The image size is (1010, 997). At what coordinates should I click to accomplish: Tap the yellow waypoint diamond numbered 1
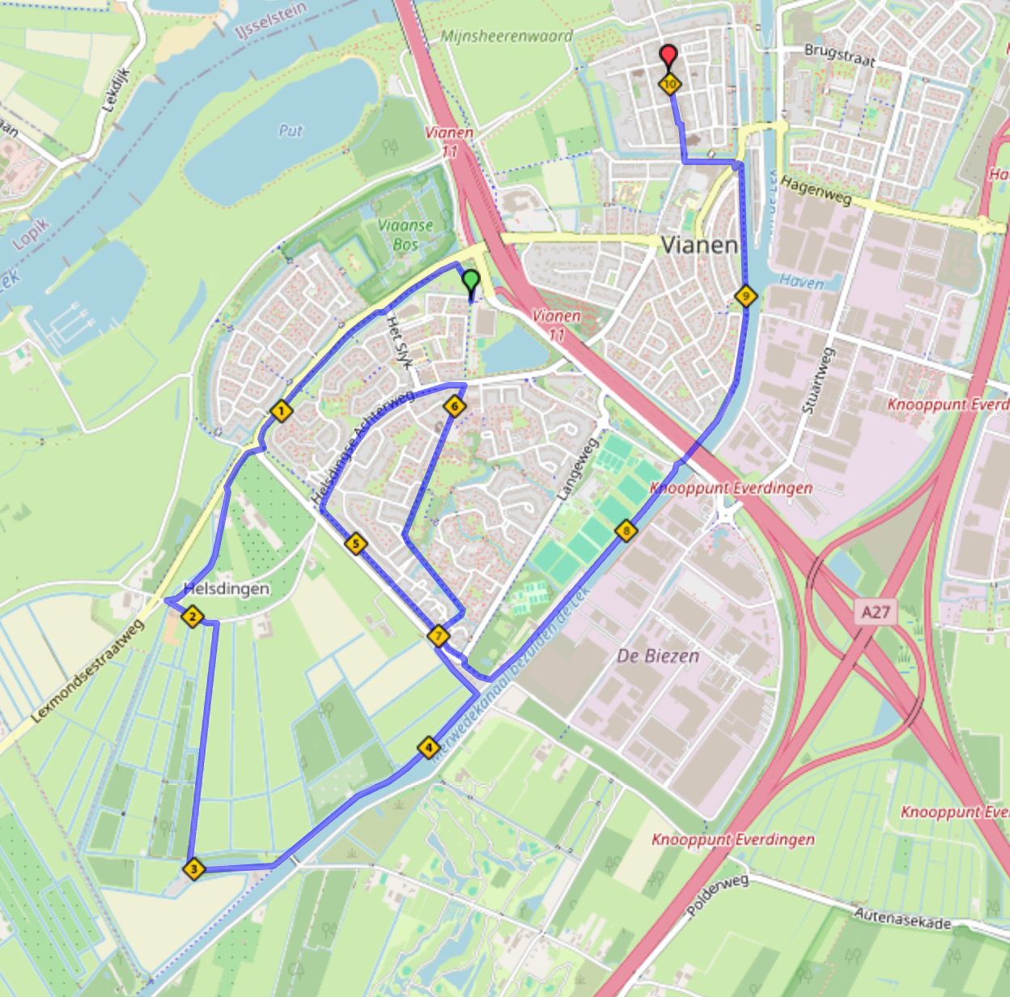coord(281,411)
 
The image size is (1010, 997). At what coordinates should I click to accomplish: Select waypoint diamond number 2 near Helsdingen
coord(192,617)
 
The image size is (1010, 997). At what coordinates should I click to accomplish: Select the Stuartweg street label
coord(817,381)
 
